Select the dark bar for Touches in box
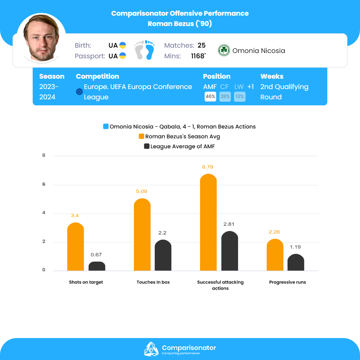163,255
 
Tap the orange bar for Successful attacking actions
208,222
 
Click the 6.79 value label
207,167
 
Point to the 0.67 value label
96,255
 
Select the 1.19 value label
295,247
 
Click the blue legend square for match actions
106,127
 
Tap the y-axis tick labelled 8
44,156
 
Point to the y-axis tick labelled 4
44,213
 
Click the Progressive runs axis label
287,282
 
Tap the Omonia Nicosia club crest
224,51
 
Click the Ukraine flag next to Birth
123,45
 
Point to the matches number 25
201,45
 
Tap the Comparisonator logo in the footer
151,349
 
